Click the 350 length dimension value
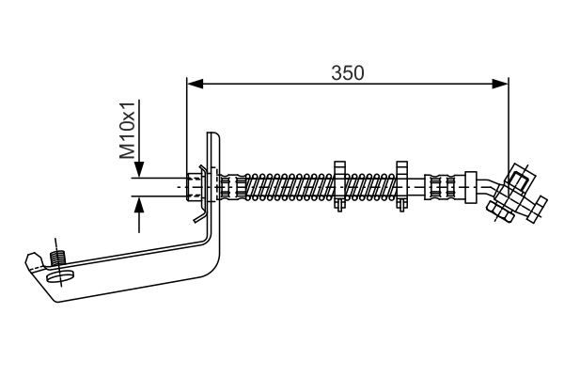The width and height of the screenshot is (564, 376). [x=347, y=71]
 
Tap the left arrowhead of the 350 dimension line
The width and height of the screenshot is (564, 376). [x=194, y=83]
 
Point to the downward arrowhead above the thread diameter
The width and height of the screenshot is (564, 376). [x=139, y=171]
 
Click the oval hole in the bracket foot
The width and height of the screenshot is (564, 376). [x=65, y=275]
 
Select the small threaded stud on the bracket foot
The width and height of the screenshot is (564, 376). [x=58, y=257]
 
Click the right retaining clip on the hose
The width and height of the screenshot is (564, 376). [x=401, y=186]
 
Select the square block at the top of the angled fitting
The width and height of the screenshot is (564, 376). [x=518, y=174]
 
